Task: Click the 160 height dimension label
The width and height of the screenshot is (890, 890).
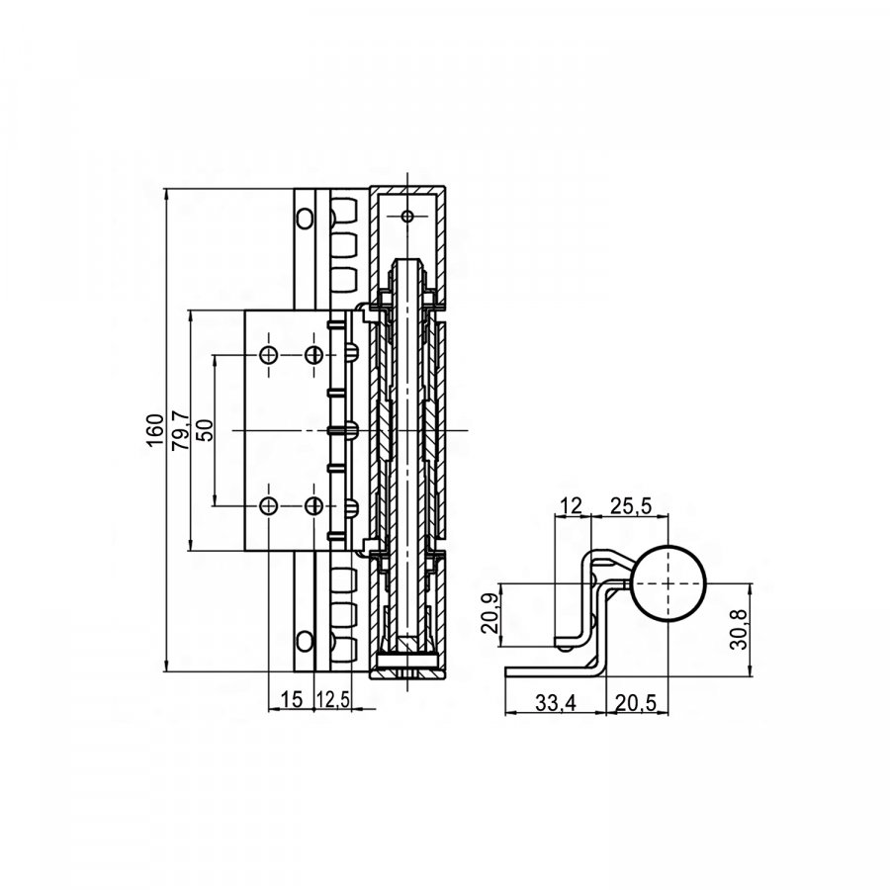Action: pos(155,430)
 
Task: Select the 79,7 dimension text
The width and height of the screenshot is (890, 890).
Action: pos(181,431)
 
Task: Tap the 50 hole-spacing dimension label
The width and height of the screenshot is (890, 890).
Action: pos(205,430)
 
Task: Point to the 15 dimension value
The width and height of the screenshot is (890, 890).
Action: pos(292,700)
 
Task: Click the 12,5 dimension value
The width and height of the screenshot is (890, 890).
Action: pos(332,700)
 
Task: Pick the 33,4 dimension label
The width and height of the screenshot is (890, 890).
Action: pos(556,703)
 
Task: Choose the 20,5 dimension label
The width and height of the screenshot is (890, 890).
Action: pos(636,703)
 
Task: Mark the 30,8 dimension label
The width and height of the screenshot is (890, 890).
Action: pos(739,630)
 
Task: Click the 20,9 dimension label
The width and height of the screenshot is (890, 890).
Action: pos(489,613)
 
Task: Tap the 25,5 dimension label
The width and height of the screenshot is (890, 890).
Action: pos(631,505)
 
